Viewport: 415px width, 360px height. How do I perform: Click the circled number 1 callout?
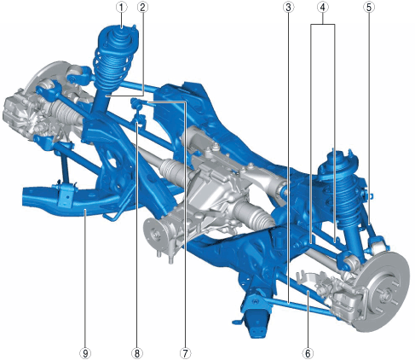click(x=122, y=8)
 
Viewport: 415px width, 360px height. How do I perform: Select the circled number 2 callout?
click(x=142, y=8)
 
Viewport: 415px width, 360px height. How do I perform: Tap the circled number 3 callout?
click(x=288, y=8)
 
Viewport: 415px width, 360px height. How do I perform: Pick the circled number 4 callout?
click(x=322, y=8)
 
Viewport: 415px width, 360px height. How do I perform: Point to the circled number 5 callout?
click(x=369, y=8)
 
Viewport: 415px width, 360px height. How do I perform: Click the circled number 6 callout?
click(x=308, y=353)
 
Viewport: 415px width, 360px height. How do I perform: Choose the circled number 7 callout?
click(x=185, y=353)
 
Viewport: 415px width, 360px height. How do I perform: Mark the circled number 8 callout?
click(x=137, y=353)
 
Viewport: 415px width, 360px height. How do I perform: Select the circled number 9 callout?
click(x=85, y=353)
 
